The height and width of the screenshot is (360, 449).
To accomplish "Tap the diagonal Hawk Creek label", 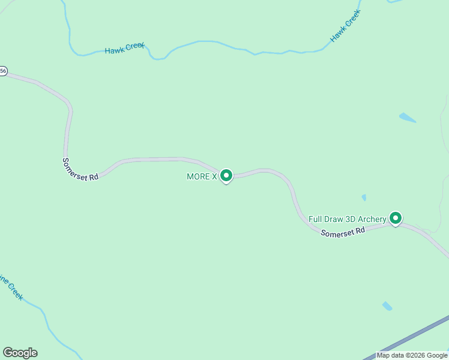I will tap(345, 28).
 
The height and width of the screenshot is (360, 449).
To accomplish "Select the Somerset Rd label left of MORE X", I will tap(80, 169).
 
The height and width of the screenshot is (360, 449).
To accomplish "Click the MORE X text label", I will tap(202, 176).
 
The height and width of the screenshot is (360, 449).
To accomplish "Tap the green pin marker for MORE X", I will tap(226, 176).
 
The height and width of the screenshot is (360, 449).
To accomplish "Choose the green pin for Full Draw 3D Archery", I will tap(395, 218).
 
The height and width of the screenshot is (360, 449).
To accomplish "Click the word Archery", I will tap(372, 219).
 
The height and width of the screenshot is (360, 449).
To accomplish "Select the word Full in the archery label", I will tap(316, 219).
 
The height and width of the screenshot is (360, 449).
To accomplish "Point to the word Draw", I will tap(334, 219).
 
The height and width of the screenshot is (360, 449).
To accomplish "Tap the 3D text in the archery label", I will tap(352, 219).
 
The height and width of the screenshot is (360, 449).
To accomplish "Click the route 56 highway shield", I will tap(4, 71).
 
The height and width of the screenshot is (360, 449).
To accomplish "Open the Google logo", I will tap(20, 353).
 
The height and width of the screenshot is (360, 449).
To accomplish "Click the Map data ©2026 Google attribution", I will tap(412, 355).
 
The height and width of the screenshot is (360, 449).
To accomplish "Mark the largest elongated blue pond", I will tap(407, 118).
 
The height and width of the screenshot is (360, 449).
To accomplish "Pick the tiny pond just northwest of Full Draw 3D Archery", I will tap(364, 197).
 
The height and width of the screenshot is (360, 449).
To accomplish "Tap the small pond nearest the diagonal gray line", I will tap(387, 306).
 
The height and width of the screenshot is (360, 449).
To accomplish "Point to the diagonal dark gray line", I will tap(414, 337).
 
